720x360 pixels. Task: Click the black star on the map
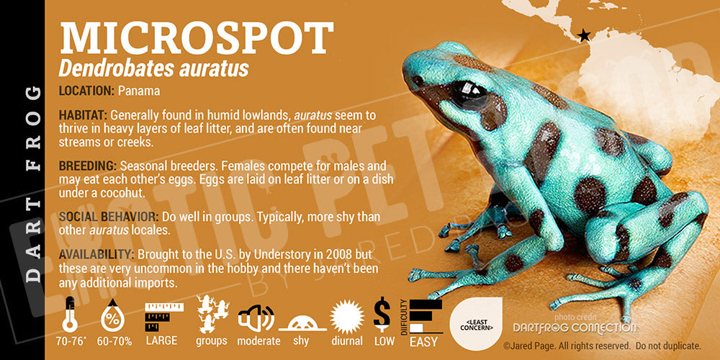(584, 35)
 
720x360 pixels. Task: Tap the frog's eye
(469, 95)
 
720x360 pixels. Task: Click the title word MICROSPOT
(197, 38)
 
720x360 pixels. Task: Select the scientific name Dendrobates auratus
(154, 68)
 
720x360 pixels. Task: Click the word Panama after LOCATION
(139, 91)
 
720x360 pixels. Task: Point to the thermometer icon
(70, 315)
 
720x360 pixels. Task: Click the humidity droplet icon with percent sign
(113, 315)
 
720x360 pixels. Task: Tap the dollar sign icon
(382, 314)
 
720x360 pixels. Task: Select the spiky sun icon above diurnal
(347, 316)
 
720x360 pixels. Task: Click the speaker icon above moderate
(256, 318)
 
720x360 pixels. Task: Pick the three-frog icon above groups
(212, 314)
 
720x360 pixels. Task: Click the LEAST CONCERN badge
(476, 324)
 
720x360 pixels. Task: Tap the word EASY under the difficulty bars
(423, 342)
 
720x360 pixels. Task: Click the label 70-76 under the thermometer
(70, 341)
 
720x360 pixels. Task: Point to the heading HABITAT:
(83, 114)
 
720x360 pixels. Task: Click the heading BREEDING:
(88, 166)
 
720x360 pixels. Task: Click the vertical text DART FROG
(32, 184)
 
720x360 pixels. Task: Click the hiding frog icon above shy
(302, 323)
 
